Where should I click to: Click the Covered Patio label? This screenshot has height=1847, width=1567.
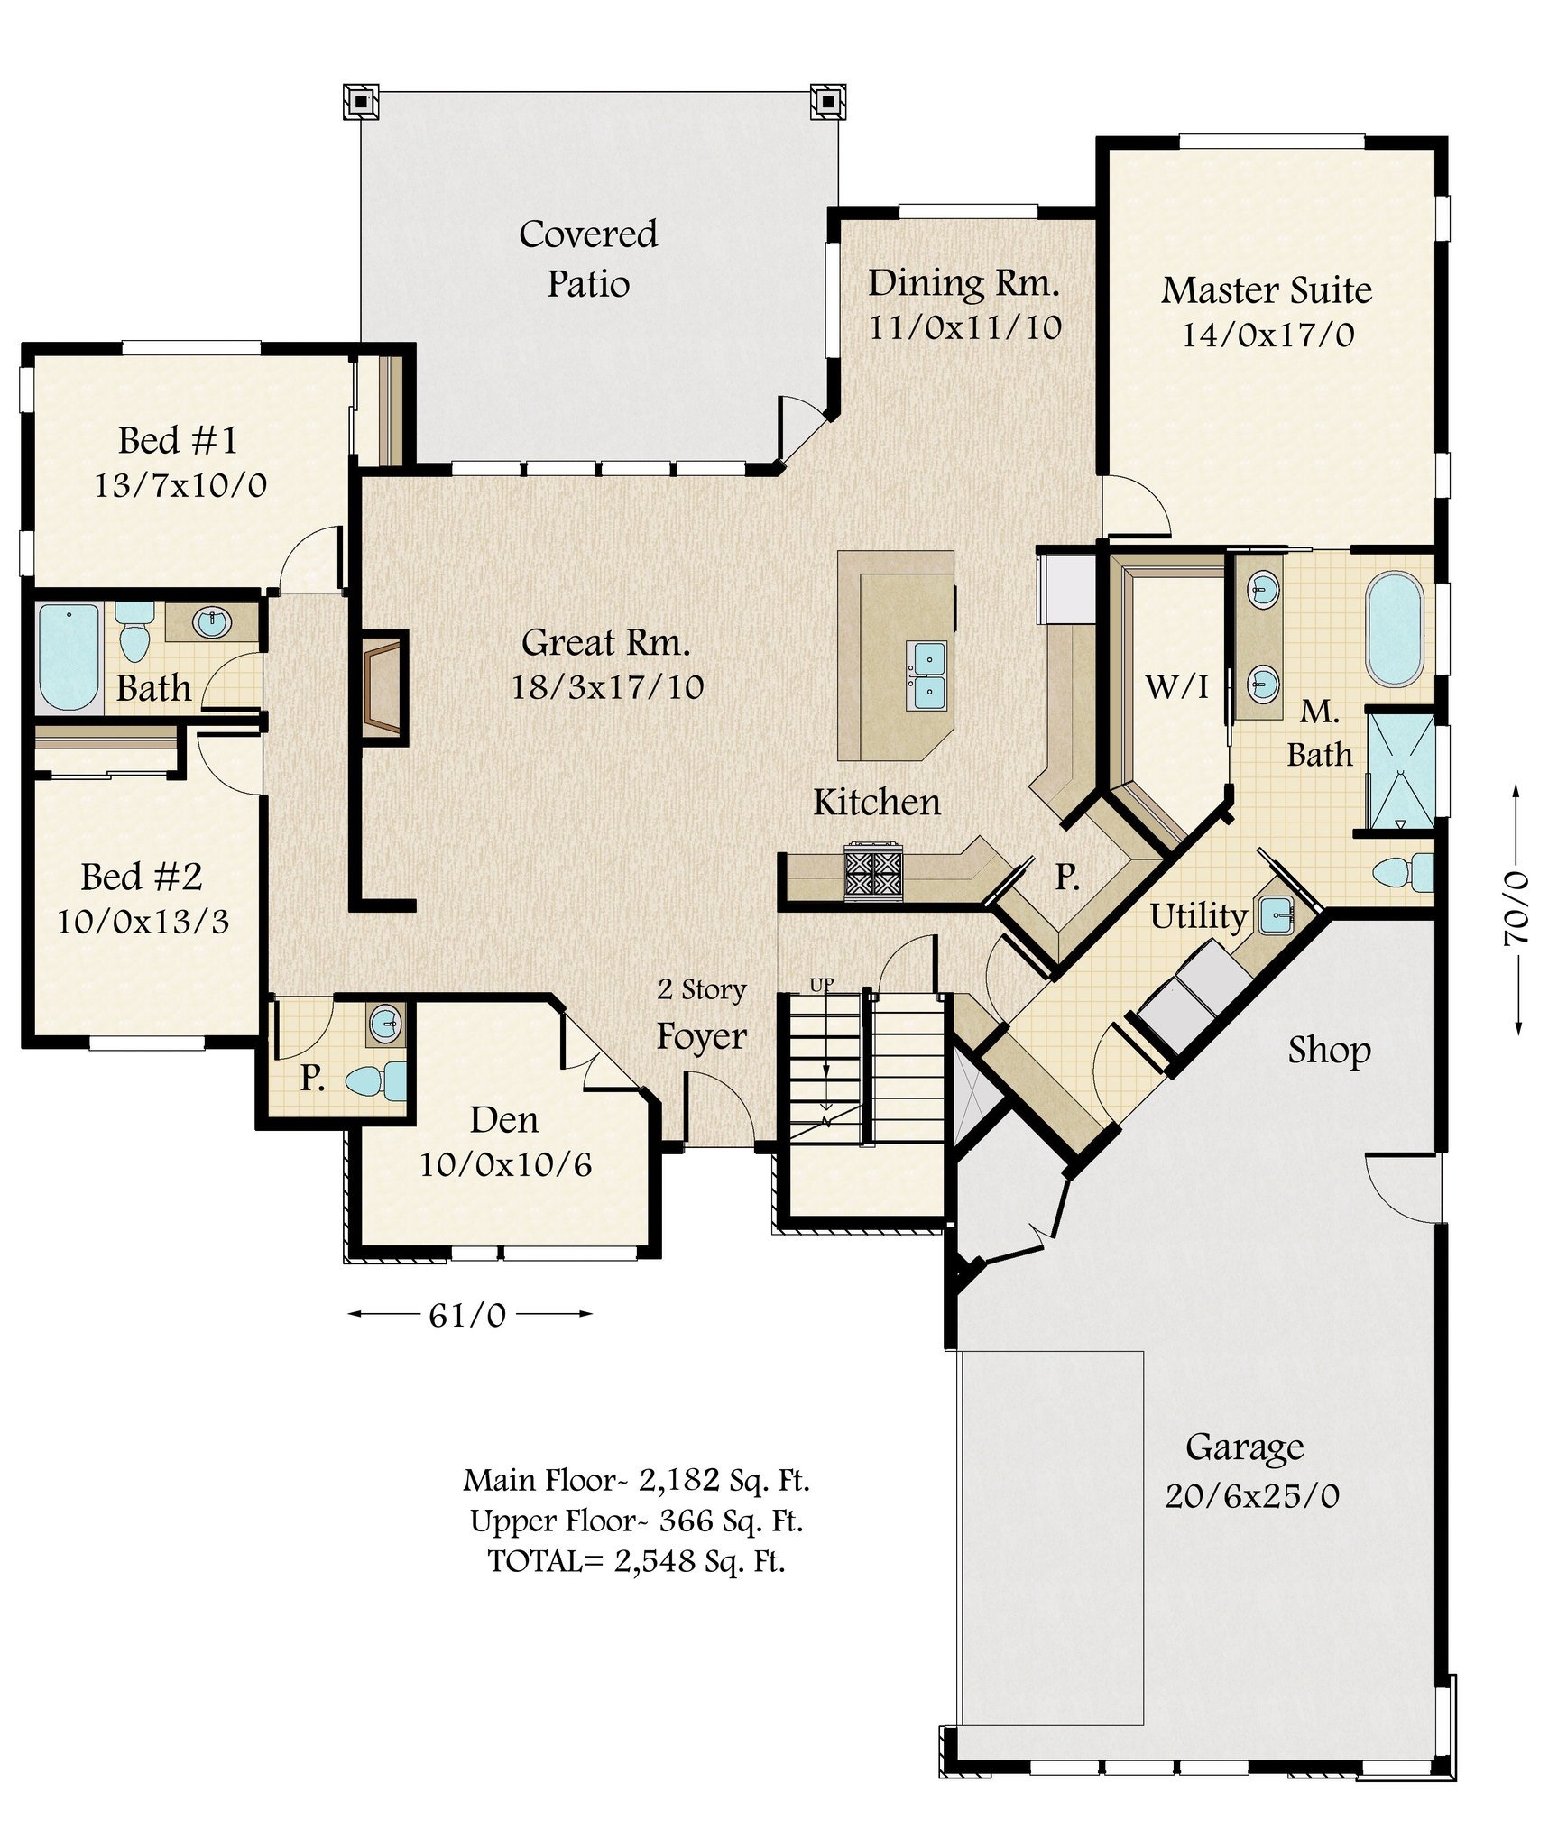click(x=588, y=259)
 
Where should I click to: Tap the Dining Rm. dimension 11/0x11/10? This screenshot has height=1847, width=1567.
click(x=964, y=327)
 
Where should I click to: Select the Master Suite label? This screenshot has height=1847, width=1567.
click(x=1266, y=290)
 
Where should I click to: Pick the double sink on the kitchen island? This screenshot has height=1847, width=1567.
click(x=926, y=675)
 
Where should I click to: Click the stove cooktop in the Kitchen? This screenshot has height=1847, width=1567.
click(x=871, y=872)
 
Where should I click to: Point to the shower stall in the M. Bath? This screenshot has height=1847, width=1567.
click(x=1399, y=771)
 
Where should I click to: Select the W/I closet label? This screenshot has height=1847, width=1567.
click(x=1176, y=687)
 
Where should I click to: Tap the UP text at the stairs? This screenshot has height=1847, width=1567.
click(x=821, y=985)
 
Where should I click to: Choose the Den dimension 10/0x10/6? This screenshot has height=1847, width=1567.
click(x=505, y=1165)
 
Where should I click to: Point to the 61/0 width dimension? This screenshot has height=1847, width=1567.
click(x=467, y=1316)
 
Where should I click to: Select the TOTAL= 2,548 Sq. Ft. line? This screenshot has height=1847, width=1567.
click(x=636, y=1561)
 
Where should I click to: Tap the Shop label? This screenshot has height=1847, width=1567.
click(x=1329, y=1050)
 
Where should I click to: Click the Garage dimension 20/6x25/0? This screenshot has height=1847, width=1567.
click(x=1251, y=1496)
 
